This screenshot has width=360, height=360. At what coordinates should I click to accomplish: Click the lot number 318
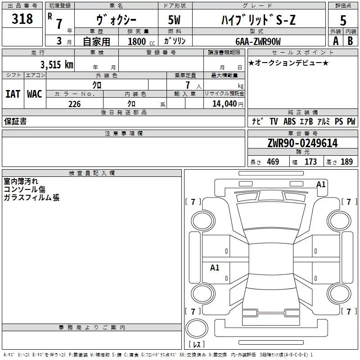click(x=22, y=19)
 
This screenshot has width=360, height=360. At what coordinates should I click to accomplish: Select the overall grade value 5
click(x=343, y=21)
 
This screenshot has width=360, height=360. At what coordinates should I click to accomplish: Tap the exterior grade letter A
click(x=335, y=40)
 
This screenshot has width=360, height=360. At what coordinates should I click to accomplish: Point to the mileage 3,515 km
click(x=57, y=64)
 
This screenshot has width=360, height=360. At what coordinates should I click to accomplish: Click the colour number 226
click(x=74, y=104)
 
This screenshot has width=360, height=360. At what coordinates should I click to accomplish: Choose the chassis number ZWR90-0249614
click(x=302, y=143)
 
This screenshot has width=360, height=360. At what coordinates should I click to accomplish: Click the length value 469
click(x=273, y=162)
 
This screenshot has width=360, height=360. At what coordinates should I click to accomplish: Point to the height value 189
click(x=346, y=162)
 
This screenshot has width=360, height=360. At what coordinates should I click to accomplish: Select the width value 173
click(x=310, y=162)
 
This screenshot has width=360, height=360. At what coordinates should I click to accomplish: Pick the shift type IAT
click(x=13, y=94)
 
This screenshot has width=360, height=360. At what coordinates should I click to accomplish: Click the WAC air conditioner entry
click(x=34, y=94)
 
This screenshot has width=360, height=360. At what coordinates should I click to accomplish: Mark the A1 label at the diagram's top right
click(x=321, y=184)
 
